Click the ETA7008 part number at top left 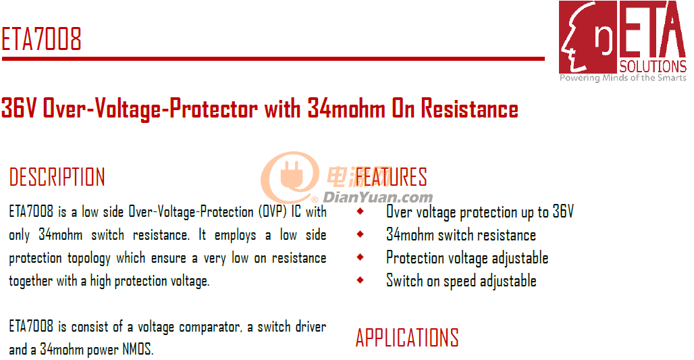pos(42,39)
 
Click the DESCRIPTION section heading pos(57,177)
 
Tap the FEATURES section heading pos(392,177)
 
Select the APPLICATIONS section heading pos(407,338)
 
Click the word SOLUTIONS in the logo pos(652,66)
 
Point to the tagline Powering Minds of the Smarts pos(622,78)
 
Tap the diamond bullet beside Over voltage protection pos(361,211)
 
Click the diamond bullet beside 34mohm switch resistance pos(361,234)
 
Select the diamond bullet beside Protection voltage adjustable pos(361,257)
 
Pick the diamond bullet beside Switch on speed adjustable pos(361,280)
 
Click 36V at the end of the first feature pos(563,211)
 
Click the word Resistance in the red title pos(469,109)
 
